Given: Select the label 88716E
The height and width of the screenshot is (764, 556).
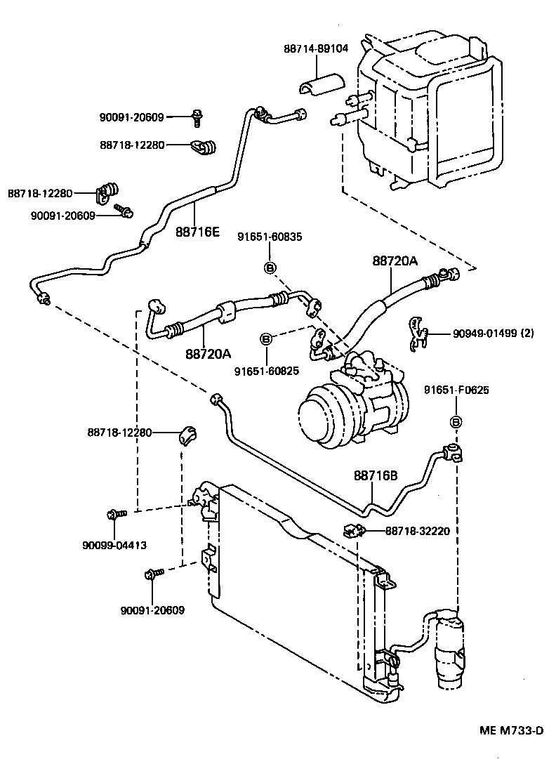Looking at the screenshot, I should point(197,231).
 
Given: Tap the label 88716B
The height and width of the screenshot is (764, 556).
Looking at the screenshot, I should point(376,475).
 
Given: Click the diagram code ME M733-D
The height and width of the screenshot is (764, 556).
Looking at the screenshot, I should point(510,730).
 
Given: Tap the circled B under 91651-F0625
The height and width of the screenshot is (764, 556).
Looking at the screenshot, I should point(456,421).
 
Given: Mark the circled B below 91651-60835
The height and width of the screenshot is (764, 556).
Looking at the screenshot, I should point(270,266).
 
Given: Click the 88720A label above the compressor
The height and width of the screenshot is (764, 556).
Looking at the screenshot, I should point(395,261).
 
